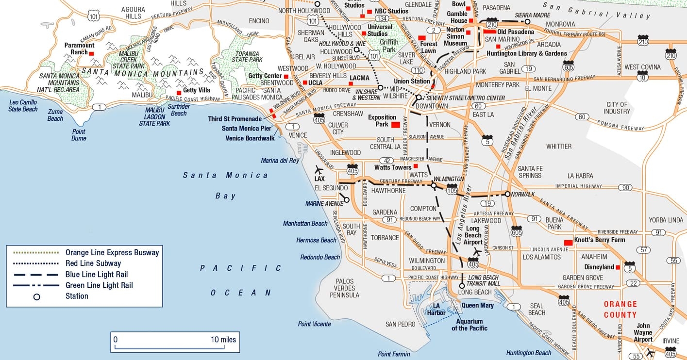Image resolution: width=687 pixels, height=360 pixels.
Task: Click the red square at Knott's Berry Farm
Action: click(x=568, y=243)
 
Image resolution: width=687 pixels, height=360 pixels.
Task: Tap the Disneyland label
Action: click(x=600, y=267)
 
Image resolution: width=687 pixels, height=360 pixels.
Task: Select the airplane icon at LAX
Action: click(x=319, y=170)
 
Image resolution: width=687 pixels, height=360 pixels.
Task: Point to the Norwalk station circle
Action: click(x=507, y=194)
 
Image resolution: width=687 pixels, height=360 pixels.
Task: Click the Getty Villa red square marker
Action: click(x=179, y=93)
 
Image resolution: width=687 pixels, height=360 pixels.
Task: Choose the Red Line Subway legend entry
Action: click(x=93, y=263)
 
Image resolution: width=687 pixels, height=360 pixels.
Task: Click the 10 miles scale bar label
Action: click(x=223, y=340)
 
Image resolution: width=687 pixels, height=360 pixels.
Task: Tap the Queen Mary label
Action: click(x=477, y=305)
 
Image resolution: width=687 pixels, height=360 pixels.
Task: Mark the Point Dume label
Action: click(x=79, y=135)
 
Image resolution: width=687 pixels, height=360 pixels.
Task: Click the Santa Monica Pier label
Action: click(x=246, y=129)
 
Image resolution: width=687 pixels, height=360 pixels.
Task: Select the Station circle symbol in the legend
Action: click(x=36, y=296)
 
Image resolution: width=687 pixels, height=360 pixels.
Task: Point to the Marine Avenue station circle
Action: click(x=347, y=199)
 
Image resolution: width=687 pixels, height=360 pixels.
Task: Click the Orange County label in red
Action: click(x=620, y=310)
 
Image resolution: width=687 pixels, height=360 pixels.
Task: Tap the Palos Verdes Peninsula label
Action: click(x=344, y=288)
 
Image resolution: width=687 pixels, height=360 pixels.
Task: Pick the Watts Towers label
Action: click(x=392, y=167)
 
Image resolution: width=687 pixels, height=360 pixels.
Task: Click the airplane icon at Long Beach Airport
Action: click(x=477, y=252)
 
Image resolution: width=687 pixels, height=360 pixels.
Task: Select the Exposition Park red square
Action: click(x=395, y=125)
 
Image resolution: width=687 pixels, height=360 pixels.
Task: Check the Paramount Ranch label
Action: click(x=79, y=49)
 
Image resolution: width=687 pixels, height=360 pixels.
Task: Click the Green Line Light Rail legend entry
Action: click(x=99, y=285)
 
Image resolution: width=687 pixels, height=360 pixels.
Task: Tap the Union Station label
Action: click(x=412, y=81)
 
